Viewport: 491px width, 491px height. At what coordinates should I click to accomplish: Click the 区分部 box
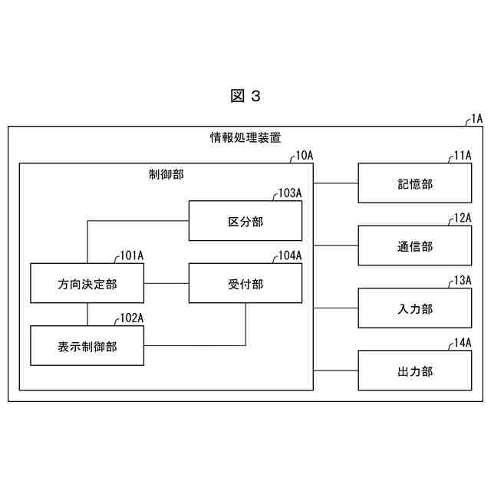point(245,221)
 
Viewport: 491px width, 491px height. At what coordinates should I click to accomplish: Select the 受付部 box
point(245,284)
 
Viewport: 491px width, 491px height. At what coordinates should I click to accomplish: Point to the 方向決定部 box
point(87,284)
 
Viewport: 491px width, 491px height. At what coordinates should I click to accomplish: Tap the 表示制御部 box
point(87,346)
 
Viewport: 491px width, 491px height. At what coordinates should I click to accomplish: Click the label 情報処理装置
point(245,138)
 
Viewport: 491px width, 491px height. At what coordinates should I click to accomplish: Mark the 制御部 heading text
point(166,174)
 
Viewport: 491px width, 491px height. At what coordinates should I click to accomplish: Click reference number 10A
point(305,155)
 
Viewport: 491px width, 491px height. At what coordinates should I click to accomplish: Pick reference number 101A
point(132,255)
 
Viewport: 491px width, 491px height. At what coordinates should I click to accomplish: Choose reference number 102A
point(132,318)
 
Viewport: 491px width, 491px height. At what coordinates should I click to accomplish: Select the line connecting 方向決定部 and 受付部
point(166,284)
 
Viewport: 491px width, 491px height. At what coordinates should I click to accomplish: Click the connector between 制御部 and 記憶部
point(336,183)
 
